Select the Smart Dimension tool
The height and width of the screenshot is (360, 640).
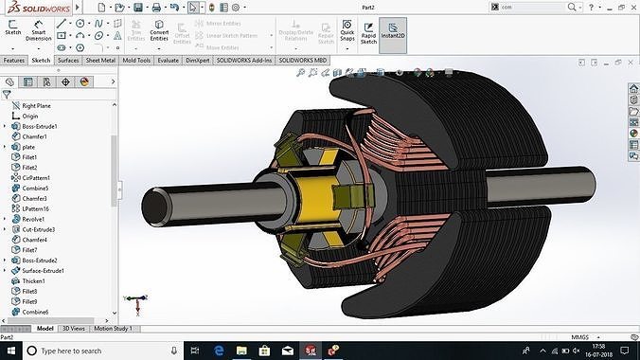(40, 35)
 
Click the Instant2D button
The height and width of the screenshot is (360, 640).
(393, 35)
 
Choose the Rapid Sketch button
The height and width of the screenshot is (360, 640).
(368, 35)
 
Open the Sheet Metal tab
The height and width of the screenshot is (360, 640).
(100, 60)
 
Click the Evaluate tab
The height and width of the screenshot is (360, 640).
(169, 60)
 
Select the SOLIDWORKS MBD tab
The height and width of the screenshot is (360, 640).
(305, 60)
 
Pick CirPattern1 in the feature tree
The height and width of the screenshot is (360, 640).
(38, 177)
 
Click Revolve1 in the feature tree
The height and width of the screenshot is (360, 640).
(35, 219)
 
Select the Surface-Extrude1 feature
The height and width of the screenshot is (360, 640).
(43, 270)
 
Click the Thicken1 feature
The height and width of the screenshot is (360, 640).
(34, 281)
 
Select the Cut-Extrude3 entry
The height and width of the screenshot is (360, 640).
(39, 229)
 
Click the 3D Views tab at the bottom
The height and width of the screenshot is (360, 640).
(73, 328)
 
